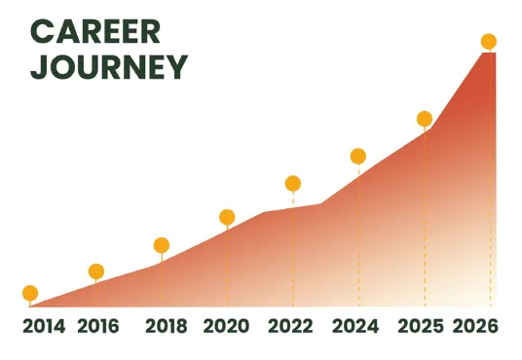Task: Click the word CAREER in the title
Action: coord(95,31)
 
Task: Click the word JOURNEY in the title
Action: coord(109,67)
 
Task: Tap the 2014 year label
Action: coord(44,326)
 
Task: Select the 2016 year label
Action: coord(97,326)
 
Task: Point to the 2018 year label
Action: coord(167,326)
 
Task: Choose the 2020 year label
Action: coord(226,326)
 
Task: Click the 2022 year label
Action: coord(290,326)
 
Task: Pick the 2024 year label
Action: coord(355,326)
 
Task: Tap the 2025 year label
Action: coord(421,326)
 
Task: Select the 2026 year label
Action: coord(475,326)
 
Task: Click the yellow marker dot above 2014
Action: coord(30,293)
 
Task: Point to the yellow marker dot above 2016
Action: coord(96,271)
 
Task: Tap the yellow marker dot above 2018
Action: coord(162,245)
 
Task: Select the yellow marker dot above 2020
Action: coord(227,218)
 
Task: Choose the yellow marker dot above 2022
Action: coord(293,184)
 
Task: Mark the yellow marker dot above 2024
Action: coord(358,157)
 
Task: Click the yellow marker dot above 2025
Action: coord(425,119)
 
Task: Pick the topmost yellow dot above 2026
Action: coord(489,42)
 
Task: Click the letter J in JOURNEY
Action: coord(38,67)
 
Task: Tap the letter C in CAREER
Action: coord(42,31)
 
